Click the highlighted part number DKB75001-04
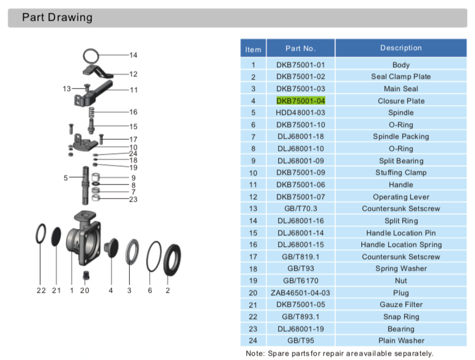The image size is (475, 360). point(301,101)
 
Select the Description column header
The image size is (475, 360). point(401,48)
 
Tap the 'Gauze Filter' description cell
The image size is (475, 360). point(401,304)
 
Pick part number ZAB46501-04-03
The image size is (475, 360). point(300,293)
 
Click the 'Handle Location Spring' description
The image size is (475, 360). point(401,244)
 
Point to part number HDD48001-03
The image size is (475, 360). point(300,112)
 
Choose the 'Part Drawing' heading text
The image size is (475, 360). point(57,17)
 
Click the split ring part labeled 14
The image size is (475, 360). point(90,56)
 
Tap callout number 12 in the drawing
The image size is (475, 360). point(133,74)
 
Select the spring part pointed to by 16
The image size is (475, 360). point(91,112)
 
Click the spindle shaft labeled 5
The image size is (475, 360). point(86,185)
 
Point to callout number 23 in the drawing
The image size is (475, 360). point(133,199)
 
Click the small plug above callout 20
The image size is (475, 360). point(86,275)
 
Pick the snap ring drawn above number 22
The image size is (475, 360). point(41,233)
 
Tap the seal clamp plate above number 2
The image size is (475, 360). point(172,260)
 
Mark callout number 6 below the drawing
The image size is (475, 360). point(150,290)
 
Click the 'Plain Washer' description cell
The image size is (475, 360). point(401,340)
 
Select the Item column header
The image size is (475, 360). point(253,50)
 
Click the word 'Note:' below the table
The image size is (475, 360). point(255,353)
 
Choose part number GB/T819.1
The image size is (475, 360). point(301,257)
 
